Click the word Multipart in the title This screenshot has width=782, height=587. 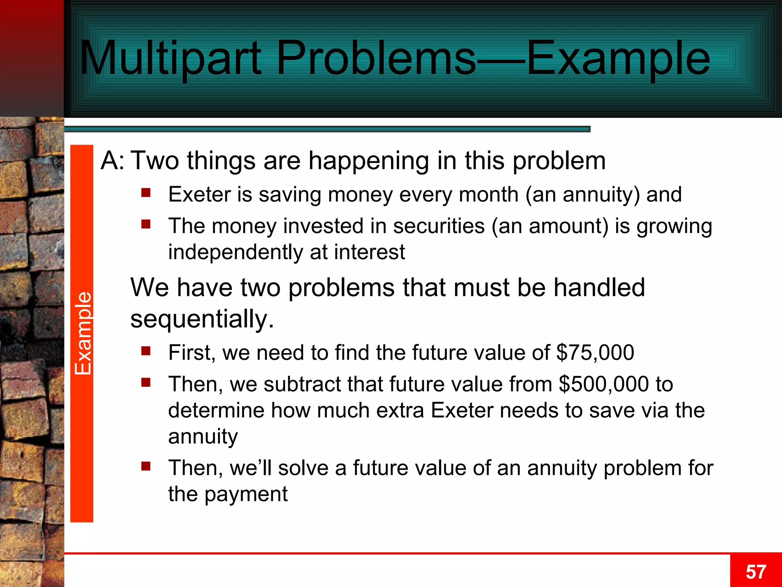[170, 58]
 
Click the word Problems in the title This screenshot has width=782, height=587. [376, 58]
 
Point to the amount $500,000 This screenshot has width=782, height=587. [604, 384]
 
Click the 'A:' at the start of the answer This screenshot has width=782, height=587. [112, 161]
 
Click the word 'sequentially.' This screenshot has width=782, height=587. [202, 319]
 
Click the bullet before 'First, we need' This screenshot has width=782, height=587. [146, 350]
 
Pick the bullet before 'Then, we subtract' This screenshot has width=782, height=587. [146, 382]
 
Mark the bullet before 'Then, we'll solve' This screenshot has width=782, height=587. [146, 466]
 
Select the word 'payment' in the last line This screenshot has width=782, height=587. [246, 494]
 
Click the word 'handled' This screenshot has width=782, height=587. [599, 287]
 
